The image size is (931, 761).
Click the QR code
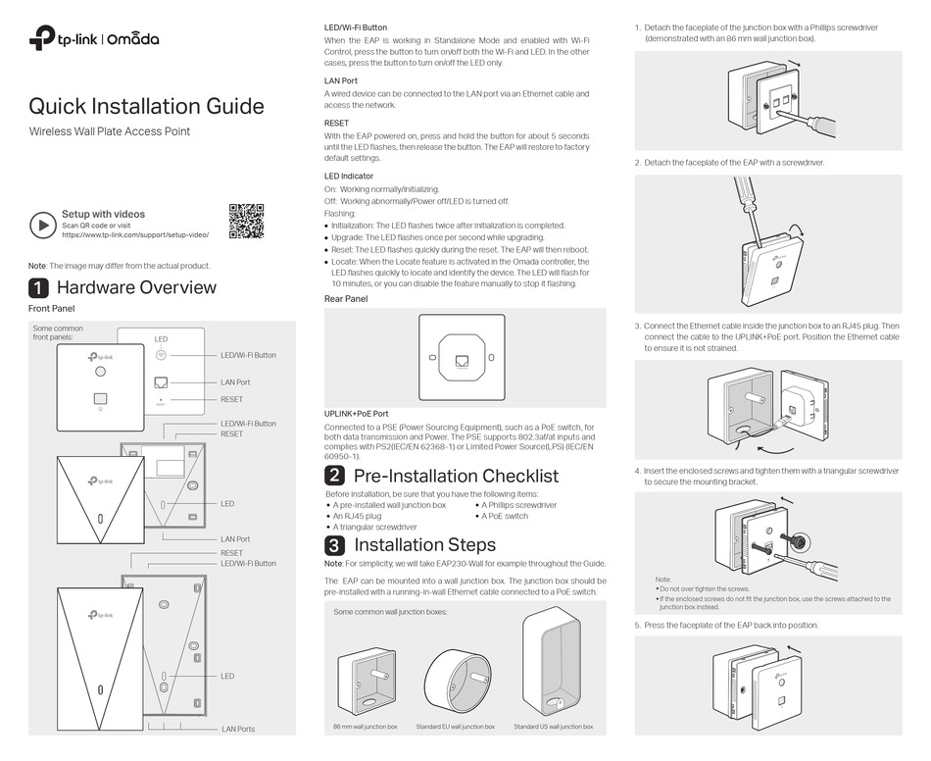(247, 221)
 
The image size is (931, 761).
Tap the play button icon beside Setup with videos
(42, 225)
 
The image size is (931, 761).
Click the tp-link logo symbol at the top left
(40, 39)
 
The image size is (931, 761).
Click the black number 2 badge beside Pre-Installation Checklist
(334, 476)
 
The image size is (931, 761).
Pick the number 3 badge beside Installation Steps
(334, 545)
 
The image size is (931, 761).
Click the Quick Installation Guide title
(146, 106)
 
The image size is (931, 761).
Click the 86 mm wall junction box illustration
(365, 680)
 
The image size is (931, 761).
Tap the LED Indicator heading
(348, 176)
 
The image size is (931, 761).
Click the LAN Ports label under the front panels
(238, 729)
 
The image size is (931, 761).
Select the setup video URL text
(135, 235)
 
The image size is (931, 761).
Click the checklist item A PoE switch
(504, 516)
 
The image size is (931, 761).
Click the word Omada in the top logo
(132, 40)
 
